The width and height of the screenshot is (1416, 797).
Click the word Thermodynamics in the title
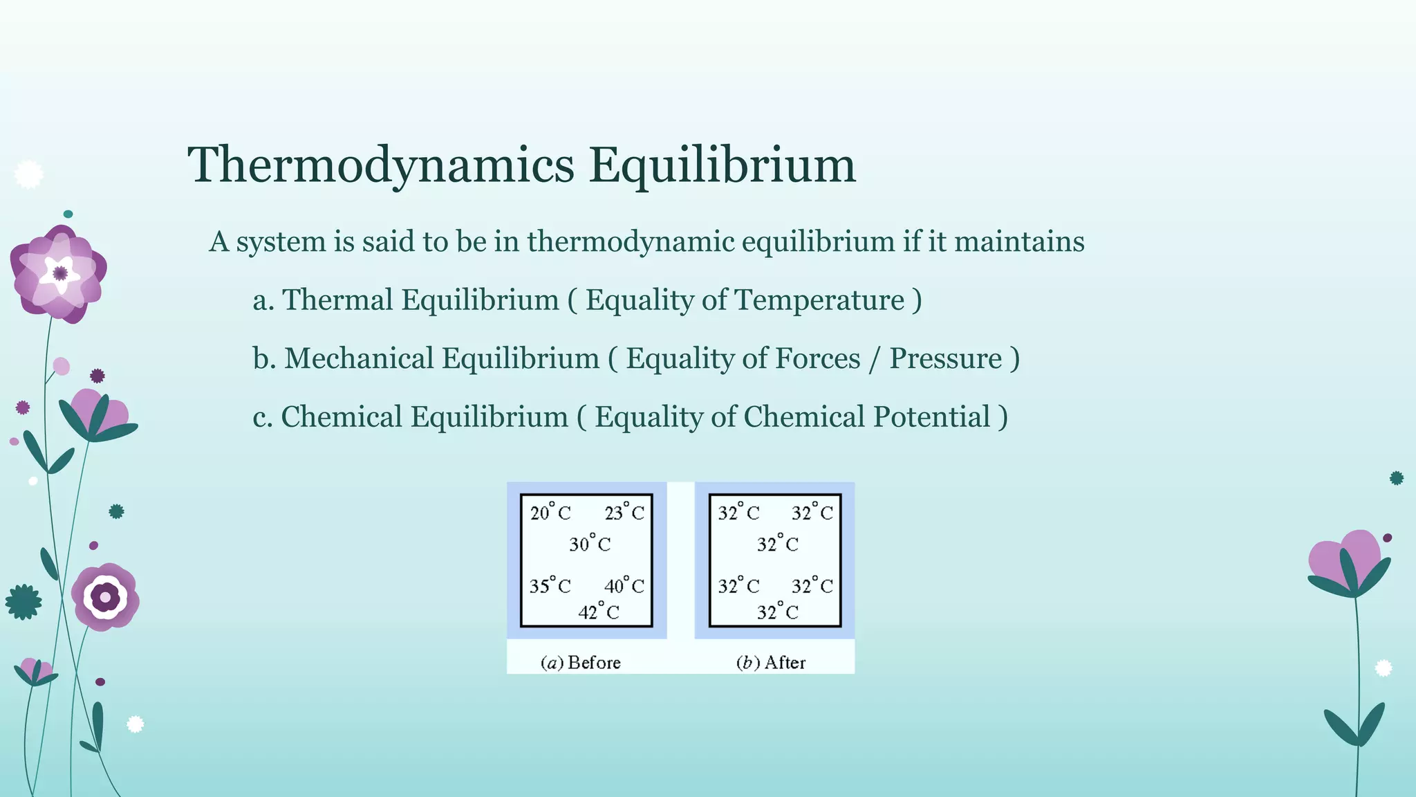(x=381, y=165)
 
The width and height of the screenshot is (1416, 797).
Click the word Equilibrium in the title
(x=723, y=165)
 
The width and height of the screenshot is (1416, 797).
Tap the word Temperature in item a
(x=819, y=300)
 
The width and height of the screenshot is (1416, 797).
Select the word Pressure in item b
(x=945, y=358)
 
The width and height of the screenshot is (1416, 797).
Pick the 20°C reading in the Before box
(x=550, y=513)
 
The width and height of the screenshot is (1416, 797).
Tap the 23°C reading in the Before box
(x=624, y=513)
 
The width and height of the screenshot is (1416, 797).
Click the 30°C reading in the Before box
(x=590, y=544)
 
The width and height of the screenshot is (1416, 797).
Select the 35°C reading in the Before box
(x=550, y=586)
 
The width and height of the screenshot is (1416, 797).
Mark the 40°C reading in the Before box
(x=624, y=586)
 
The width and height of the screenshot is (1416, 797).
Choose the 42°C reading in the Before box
(x=599, y=612)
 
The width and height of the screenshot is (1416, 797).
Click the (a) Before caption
(x=581, y=663)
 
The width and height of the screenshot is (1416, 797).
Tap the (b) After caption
(x=771, y=663)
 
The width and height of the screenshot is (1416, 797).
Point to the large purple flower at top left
(x=59, y=273)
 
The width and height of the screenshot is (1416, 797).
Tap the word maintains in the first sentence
(x=1019, y=241)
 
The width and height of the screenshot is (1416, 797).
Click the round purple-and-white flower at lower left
(x=105, y=596)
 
